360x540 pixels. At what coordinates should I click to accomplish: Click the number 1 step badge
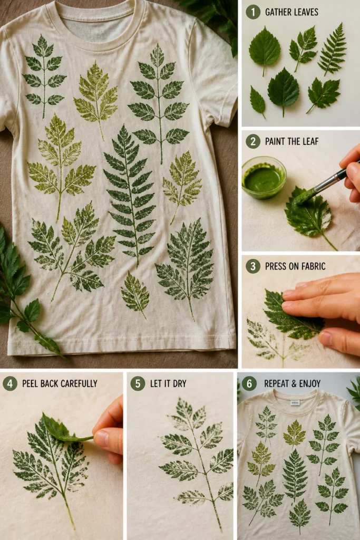253,12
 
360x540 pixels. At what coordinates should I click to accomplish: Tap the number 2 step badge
253,141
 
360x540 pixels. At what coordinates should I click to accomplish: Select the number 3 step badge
253,266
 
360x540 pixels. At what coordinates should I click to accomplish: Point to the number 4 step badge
10,383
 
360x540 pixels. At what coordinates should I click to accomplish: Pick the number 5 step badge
138,383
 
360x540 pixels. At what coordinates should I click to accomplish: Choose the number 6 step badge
249,383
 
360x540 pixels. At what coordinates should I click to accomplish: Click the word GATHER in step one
277,13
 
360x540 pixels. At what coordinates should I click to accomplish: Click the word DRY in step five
179,383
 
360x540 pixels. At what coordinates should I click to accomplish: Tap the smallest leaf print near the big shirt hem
135,294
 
